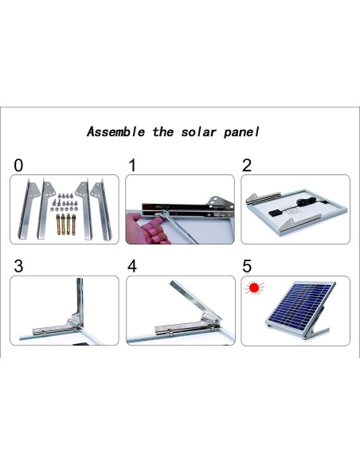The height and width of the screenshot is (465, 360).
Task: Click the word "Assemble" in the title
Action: pyautogui.click(x=116, y=131)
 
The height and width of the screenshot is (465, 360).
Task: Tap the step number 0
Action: pyautogui.click(x=18, y=166)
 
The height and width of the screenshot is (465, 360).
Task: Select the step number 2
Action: pyautogui.click(x=247, y=166)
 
